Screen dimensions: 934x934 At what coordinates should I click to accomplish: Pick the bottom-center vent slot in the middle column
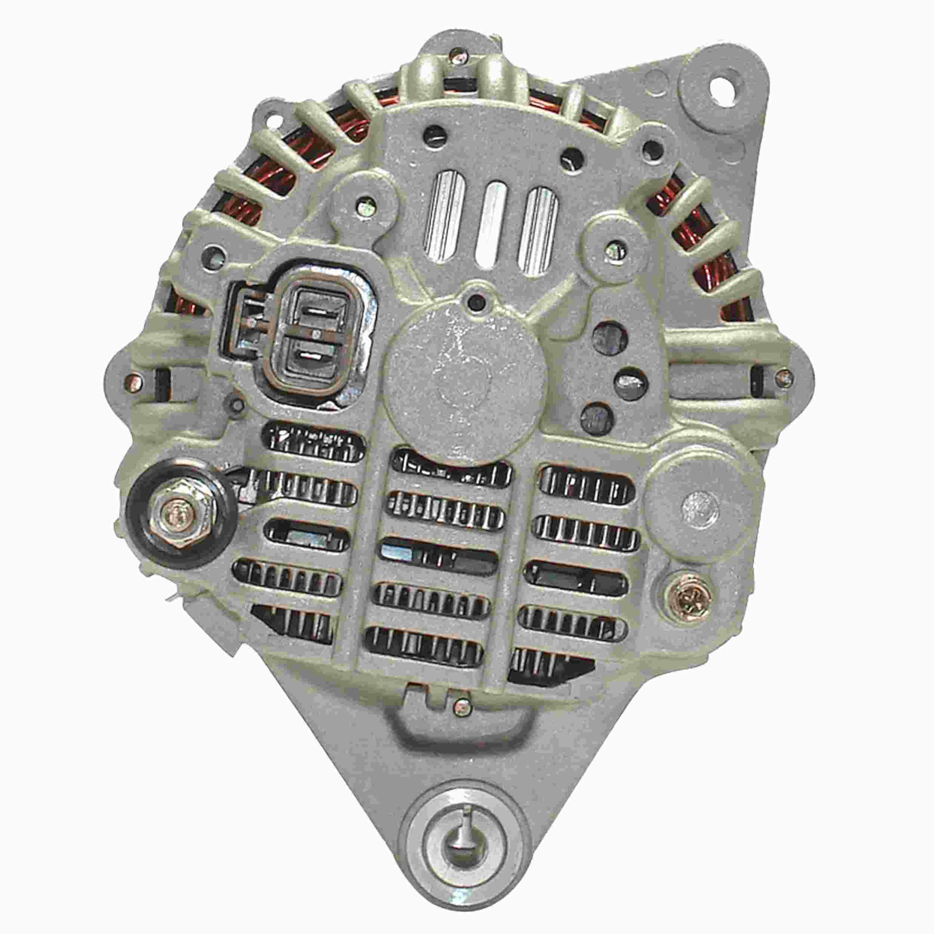pyautogui.click(x=426, y=645)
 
